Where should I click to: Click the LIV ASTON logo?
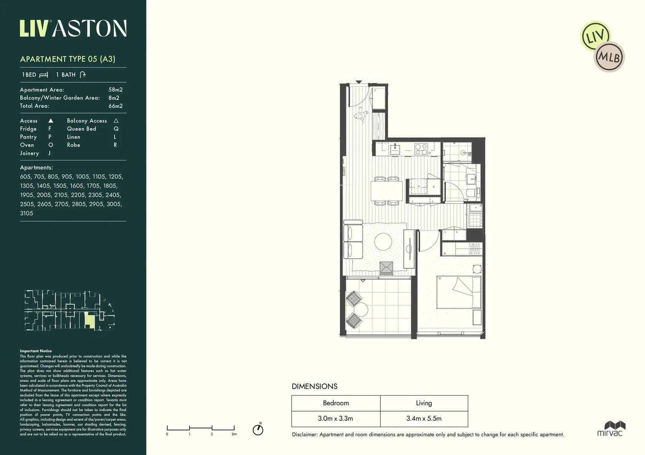pos(73,29)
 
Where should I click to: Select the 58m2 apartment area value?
pos(115,90)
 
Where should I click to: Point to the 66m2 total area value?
pos(115,106)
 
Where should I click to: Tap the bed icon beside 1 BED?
pos(43,75)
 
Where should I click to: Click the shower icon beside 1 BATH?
pos(83,75)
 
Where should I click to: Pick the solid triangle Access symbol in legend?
pos(51,121)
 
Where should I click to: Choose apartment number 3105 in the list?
pos(27,214)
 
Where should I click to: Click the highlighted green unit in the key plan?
pos(89,321)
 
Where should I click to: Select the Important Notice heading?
pos(36,351)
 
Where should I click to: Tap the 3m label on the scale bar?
pos(234,434)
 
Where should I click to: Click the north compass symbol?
pos(258,430)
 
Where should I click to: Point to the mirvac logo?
pos(610,428)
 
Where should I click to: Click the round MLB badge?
pos(609,57)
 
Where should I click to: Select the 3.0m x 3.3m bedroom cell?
pos(335,419)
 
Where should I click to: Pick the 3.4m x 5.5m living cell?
pos(424,419)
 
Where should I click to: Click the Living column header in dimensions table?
pos(424,403)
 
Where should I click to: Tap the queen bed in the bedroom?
pos(459,293)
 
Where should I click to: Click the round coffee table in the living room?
pos(383,242)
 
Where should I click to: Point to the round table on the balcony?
pos(361,310)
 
